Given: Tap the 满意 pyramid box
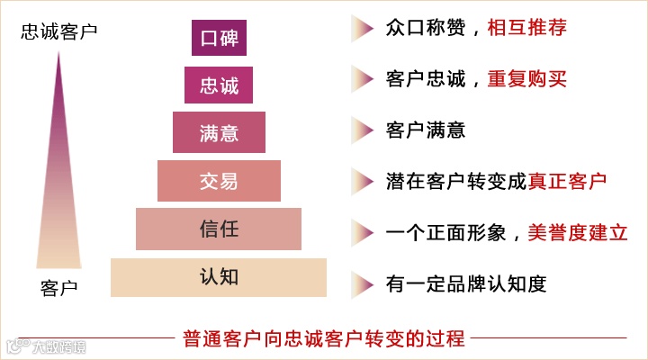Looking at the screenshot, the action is [219, 132].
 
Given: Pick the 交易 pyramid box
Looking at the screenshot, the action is [219, 180].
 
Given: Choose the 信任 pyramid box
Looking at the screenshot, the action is [219, 229].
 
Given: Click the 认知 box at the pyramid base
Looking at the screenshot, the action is [219, 276].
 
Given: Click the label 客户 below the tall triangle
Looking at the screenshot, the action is [59, 288].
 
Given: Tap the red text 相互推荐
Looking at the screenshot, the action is [526, 29].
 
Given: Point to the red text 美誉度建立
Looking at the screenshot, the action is [577, 231].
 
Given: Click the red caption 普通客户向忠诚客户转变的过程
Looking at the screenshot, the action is [323, 339].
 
